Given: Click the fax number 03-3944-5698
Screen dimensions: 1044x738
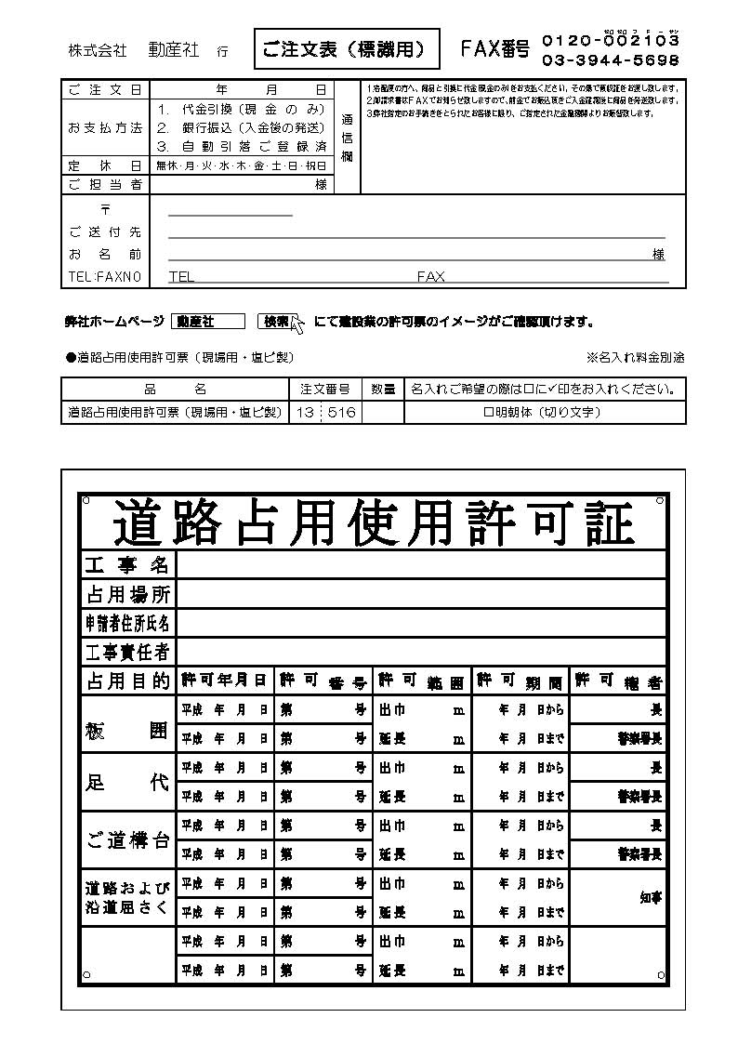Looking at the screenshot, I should point(610,60).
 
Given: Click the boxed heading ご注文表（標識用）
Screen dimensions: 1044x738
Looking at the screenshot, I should point(346,49).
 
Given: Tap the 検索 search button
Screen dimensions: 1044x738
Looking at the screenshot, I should point(276,322).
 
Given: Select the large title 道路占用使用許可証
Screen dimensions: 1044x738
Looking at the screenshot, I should point(374,522).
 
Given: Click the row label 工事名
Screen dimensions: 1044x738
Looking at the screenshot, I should point(127,564).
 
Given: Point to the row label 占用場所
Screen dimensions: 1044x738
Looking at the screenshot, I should point(127,594).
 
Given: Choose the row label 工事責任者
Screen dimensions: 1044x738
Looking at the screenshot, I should point(127,652).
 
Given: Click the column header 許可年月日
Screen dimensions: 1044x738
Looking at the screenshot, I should point(224,681).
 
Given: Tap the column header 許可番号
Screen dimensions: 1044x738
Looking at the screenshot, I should point(323,681).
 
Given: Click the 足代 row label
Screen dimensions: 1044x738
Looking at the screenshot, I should point(127,783).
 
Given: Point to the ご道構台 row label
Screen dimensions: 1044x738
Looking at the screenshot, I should point(127,840).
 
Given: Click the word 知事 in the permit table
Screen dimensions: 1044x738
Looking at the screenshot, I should point(651,898).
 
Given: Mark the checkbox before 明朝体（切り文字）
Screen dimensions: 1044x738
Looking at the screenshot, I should point(487,412).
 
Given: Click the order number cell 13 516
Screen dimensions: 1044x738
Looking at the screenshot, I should point(326,412).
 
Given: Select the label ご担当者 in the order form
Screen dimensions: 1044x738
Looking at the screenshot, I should point(105,184).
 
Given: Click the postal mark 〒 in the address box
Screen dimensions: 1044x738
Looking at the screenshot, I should point(105,210).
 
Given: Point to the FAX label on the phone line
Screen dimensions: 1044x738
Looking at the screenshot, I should point(430,277).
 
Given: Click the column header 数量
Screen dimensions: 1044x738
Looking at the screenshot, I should point(383,389).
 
